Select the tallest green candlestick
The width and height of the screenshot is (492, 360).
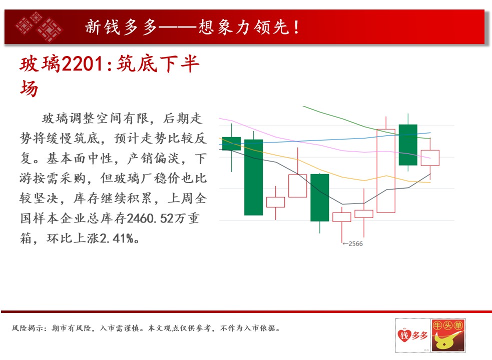254,177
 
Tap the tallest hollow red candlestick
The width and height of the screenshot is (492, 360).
385,171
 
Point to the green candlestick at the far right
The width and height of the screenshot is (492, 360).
408,145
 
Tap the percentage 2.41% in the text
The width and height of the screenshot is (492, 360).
117,238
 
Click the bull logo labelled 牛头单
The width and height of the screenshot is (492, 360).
448,335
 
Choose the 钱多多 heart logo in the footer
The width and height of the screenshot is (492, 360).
412,335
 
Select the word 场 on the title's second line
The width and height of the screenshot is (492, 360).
29,88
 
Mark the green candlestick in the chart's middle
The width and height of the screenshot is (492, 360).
320,197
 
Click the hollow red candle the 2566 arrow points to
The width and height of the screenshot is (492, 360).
342,217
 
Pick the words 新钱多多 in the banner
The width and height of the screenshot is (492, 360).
121,27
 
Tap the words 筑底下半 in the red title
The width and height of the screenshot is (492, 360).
158,64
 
